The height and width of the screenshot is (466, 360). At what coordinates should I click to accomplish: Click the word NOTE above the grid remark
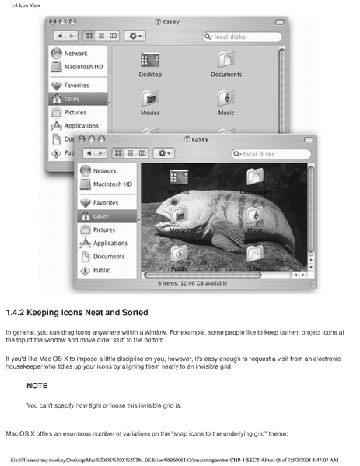37,386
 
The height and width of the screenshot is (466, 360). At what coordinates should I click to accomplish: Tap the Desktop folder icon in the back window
149,60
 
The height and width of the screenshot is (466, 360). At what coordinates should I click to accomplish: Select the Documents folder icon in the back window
225,60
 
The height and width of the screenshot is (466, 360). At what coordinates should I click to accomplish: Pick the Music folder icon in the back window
225,98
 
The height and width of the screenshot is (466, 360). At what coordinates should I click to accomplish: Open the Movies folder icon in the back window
149,98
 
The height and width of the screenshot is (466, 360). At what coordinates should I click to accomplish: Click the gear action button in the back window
137,36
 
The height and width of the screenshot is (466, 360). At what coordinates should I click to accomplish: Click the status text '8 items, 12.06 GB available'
194,283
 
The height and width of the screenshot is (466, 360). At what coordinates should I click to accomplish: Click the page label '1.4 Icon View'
21,6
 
